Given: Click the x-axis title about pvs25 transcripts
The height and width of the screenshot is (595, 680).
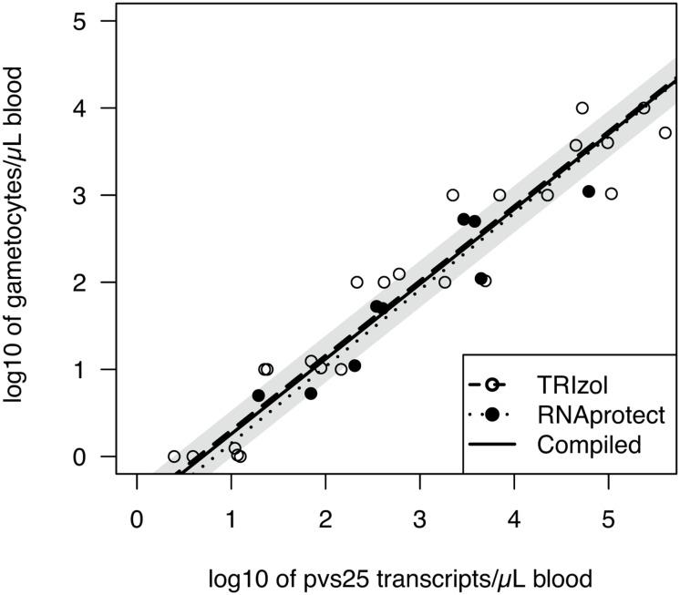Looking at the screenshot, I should click(x=401, y=578).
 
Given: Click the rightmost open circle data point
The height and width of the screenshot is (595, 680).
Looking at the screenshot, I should click(x=665, y=133).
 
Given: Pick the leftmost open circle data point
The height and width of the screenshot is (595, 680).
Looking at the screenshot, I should click(x=174, y=457).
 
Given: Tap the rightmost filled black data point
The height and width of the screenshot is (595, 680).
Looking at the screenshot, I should click(x=589, y=191).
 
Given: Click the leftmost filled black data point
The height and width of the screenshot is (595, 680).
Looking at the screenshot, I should click(x=259, y=395).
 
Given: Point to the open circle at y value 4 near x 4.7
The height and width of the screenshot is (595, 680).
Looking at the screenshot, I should click(x=582, y=108).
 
